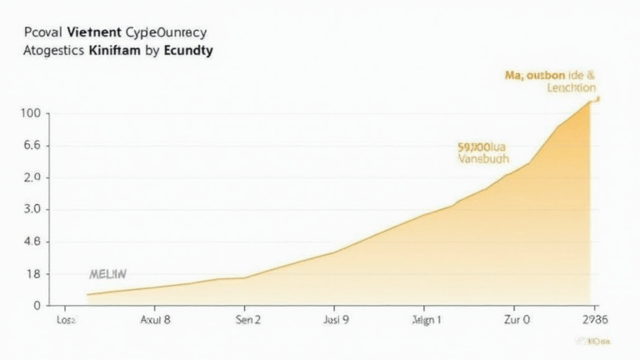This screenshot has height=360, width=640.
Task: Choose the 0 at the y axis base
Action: pos(37,306)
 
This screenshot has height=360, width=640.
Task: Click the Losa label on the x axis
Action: pos(64,319)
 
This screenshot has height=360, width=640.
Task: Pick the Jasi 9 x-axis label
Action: pos(336,319)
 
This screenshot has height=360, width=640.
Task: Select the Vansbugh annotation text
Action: pos(483,158)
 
